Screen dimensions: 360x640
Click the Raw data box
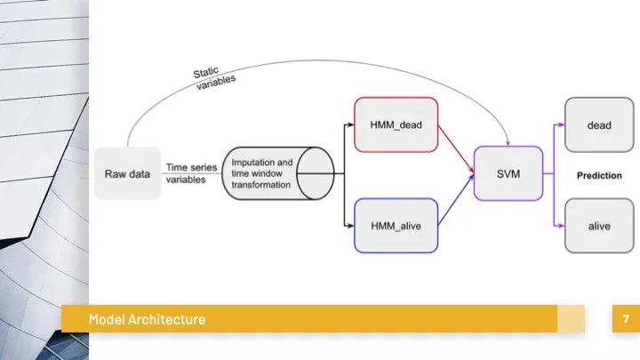point(128,173)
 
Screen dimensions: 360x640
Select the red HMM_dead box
point(396,124)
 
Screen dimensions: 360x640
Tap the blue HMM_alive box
point(396,226)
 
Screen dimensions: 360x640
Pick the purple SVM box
point(508,174)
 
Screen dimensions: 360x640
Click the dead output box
point(598,125)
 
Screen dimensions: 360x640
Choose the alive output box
point(598,226)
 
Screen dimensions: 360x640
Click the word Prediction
point(598,175)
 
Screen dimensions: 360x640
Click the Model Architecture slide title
point(147,319)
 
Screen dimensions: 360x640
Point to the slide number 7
point(626,318)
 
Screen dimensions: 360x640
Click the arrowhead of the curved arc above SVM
point(508,142)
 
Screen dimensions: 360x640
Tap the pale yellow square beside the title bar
point(572,319)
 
